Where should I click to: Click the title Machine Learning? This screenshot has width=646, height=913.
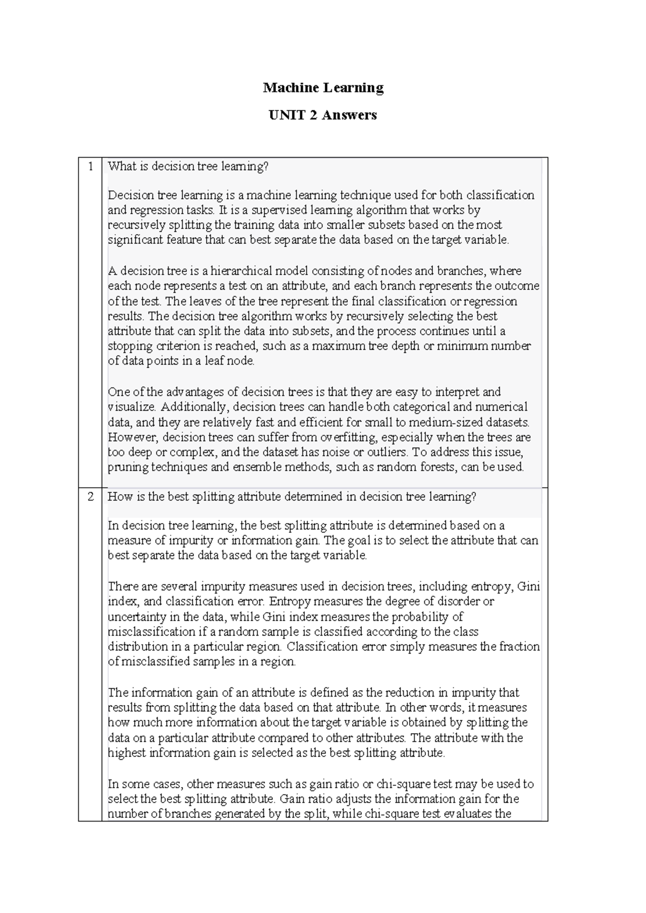tap(323, 88)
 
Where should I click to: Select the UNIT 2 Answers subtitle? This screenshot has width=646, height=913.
tap(323, 115)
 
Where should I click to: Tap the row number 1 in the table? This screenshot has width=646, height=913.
tap(90, 166)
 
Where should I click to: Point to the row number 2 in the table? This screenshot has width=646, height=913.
tap(90, 496)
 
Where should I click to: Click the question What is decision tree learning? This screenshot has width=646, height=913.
tap(188, 166)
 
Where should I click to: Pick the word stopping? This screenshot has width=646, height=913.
tap(128, 346)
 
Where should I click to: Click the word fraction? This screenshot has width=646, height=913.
tap(519, 647)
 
